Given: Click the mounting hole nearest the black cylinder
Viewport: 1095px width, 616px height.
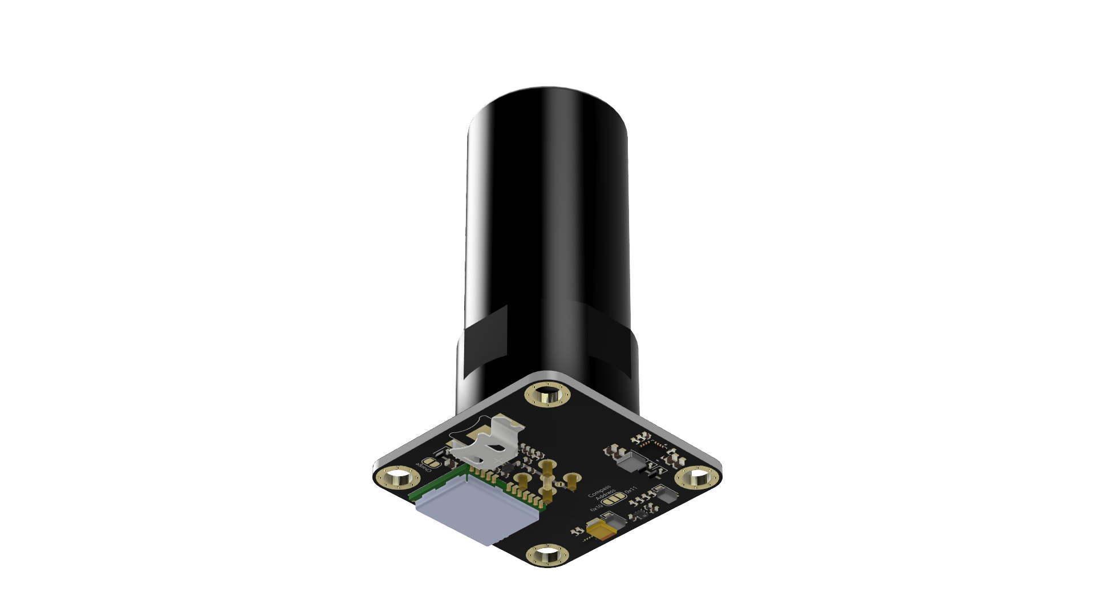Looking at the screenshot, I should click(x=547, y=395).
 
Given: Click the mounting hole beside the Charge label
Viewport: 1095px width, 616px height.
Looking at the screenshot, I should click(x=397, y=478).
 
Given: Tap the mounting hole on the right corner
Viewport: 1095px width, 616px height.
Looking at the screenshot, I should click(x=697, y=477).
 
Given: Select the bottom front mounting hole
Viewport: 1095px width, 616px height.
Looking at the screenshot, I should click(x=546, y=554).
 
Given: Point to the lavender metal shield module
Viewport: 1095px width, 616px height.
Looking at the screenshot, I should click(x=476, y=509).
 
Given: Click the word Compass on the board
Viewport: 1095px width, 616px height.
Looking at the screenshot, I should click(x=599, y=491).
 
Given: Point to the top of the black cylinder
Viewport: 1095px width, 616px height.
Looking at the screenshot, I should click(x=547, y=97).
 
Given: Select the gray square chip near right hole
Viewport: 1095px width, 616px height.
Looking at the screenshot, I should click(x=631, y=461).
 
